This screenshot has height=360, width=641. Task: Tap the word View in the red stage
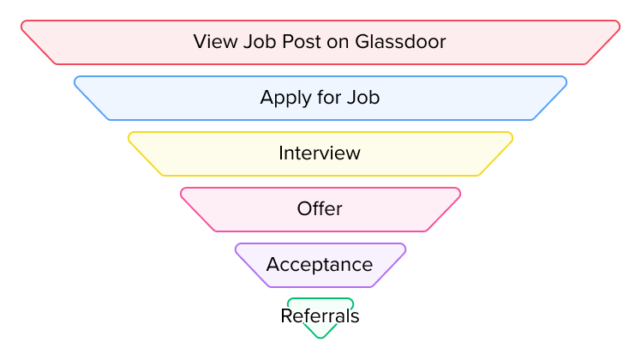point(211,41)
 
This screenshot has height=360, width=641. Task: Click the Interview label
point(320,153)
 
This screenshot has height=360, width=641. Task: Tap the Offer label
point(320,208)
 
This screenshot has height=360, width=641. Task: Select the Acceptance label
point(320,264)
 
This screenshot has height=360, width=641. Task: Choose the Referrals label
point(320,316)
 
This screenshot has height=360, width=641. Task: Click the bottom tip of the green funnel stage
point(320,337)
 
